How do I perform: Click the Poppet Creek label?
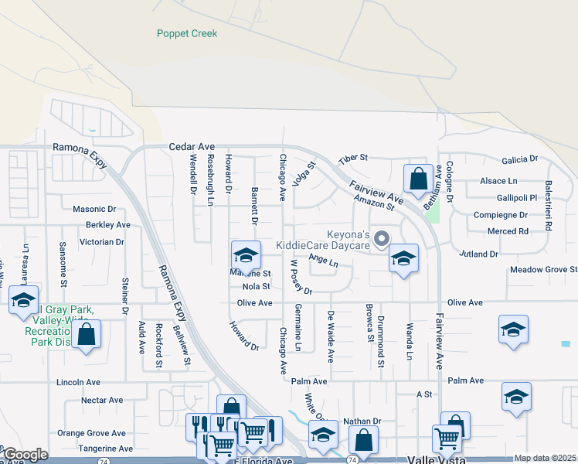187,33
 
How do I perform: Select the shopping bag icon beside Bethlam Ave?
418,179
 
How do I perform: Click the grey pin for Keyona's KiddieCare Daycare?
380,241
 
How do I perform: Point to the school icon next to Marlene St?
245,254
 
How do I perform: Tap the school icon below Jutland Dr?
403,258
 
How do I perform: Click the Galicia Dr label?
519,160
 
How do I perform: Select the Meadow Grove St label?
543,270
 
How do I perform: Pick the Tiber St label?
355,158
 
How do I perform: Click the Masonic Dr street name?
93,209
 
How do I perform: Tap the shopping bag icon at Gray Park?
87,334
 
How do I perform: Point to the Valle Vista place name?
436,459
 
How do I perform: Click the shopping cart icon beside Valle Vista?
447,439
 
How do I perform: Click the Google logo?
25,455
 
